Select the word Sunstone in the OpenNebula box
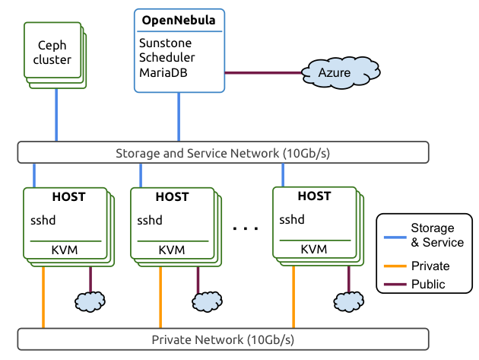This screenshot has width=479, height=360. coord(165,43)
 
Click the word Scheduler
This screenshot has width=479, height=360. coord(167,58)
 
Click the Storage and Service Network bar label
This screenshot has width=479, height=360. coord(222,153)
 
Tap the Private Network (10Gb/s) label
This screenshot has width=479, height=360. coord(223,339)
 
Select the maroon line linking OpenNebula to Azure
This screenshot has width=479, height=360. coord(262,73)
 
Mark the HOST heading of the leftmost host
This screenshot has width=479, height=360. coord(68,197)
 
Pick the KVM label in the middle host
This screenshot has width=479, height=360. coord(172,250)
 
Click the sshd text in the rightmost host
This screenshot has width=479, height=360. coord(292,220)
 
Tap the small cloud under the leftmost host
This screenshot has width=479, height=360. coord(90,301)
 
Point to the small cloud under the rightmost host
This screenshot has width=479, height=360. coord(349,301)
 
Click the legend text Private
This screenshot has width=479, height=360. coord(430,266)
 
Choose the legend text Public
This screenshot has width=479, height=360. coord(428,284)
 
